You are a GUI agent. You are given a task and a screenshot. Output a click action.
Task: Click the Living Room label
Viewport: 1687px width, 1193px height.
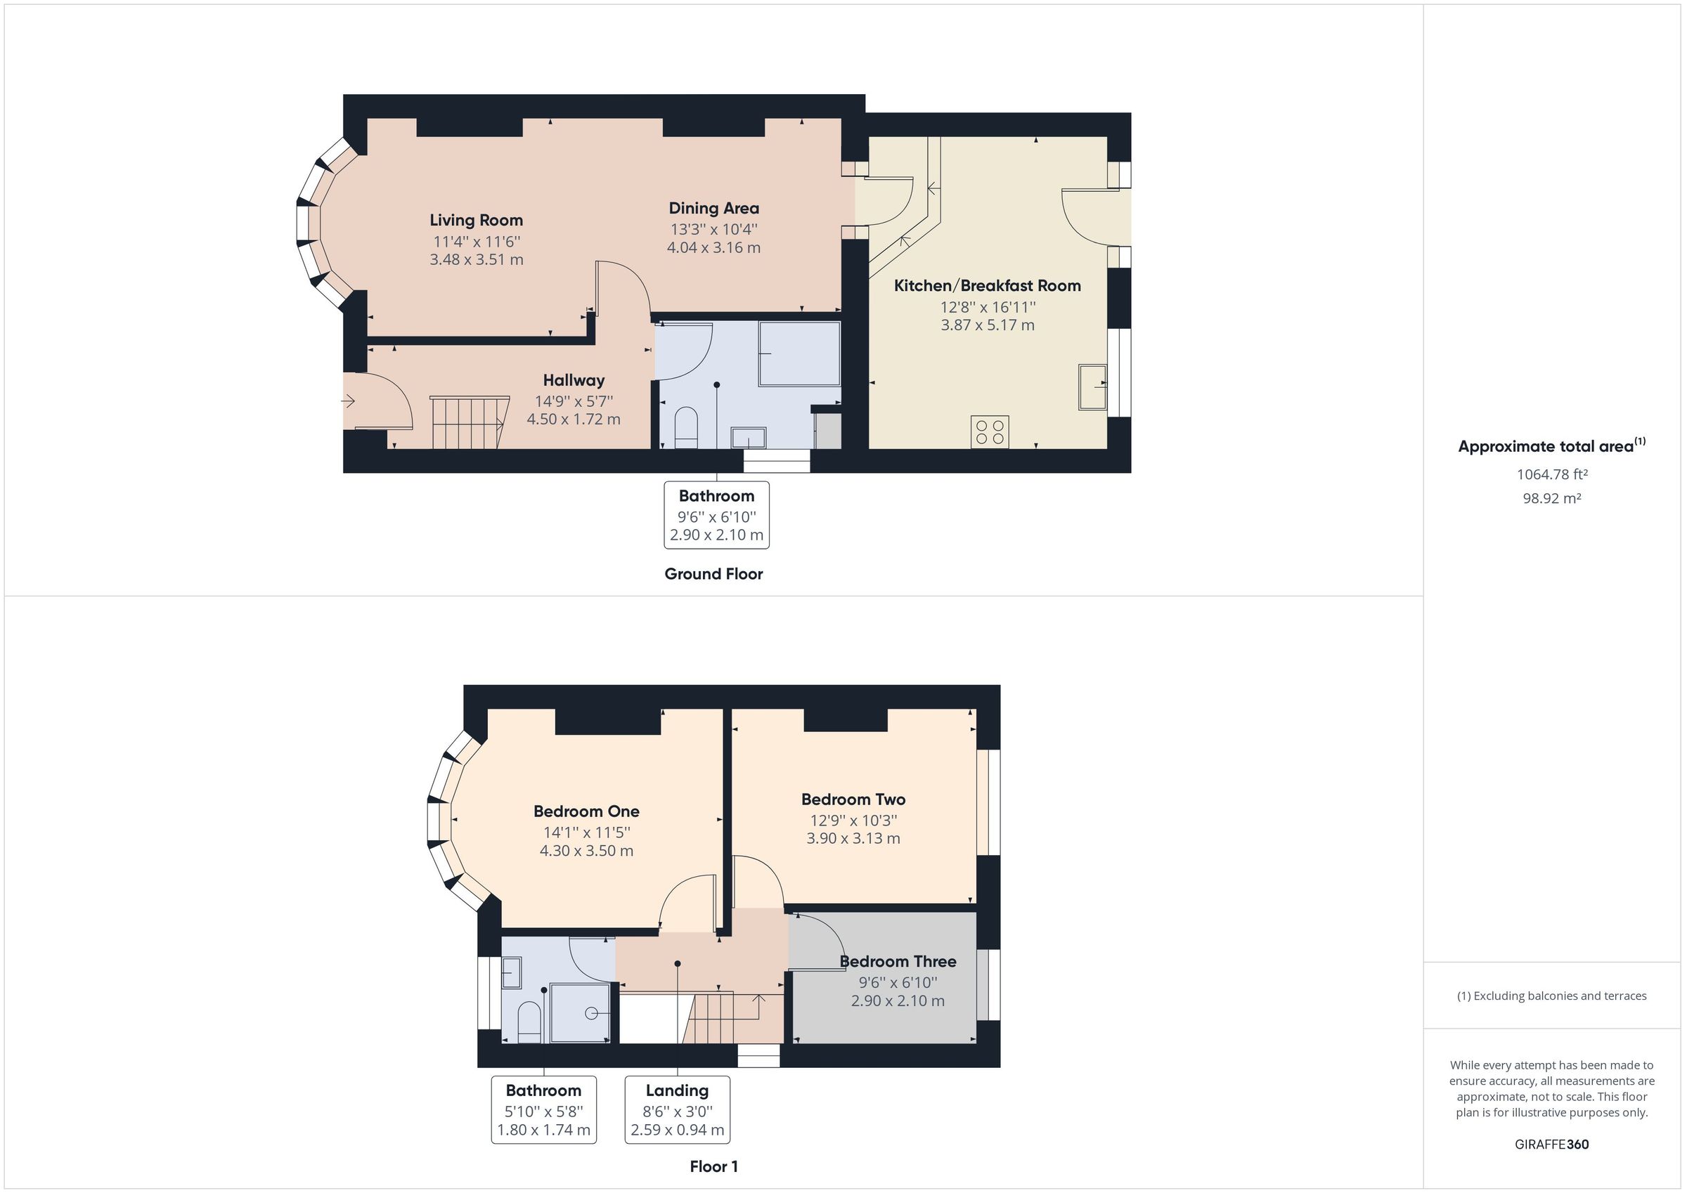[476, 221]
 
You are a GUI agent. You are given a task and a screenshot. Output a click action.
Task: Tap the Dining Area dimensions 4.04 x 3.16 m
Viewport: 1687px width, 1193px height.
[713, 247]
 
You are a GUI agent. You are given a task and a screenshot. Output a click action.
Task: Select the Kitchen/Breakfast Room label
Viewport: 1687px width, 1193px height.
[987, 286]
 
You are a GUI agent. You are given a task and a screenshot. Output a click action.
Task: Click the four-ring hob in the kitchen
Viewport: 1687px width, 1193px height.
[990, 431]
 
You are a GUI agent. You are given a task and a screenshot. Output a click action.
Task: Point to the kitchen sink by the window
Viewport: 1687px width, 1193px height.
[1092, 386]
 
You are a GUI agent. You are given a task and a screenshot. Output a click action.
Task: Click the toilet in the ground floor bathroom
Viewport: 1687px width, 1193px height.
[685, 426]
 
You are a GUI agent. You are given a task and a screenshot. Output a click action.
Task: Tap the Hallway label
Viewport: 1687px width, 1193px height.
[573, 381]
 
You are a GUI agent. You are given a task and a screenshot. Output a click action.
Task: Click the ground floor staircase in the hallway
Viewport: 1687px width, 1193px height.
[468, 422]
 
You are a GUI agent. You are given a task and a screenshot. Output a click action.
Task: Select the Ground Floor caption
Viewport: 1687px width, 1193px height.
[713, 574]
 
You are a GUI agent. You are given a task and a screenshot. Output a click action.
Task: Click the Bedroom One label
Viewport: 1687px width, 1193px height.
[586, 811]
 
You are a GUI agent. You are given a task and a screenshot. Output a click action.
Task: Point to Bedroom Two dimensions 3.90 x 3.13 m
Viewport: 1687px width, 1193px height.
[853, 838]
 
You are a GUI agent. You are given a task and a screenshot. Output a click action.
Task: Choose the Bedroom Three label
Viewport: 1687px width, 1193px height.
[897, 962]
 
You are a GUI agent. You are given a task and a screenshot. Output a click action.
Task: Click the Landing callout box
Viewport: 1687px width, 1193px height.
[677, 1109]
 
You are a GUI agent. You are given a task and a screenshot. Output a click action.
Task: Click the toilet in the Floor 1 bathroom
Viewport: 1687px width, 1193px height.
[529, 1022]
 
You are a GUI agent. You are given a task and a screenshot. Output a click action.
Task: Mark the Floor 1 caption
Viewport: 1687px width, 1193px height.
[713, 1166]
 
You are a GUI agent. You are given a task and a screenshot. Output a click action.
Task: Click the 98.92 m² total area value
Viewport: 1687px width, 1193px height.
[1551, 498]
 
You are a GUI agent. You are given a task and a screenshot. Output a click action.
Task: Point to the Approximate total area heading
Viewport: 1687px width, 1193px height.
[1551, 446]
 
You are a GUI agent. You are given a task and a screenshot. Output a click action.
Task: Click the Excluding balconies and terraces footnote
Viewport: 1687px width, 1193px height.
[1551, 996]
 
